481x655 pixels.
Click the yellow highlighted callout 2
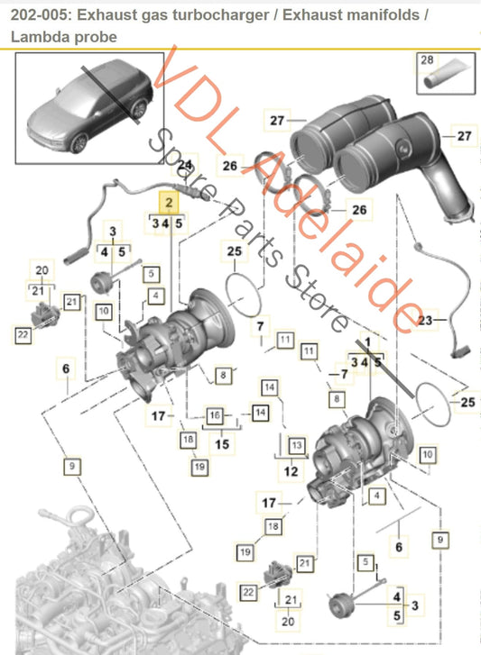click(x=167, y=203)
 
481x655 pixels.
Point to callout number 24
click(x=185, y=166)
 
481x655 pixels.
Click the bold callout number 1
click(x=366, y=343)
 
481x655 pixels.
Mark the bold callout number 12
click(x=291, y=470)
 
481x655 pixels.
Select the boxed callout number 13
click(x=295, y=445)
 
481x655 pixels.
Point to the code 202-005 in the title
click(x=37, y=15)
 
